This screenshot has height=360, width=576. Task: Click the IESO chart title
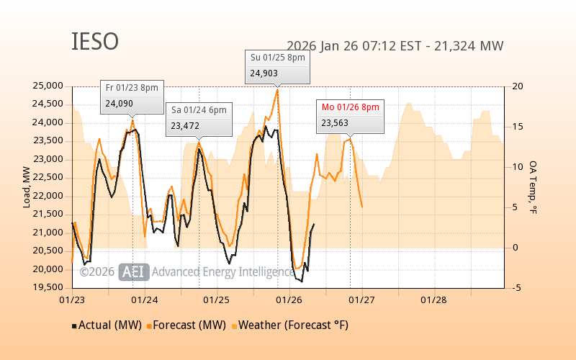pos(94,42)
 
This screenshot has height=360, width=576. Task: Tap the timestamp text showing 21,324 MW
pos(395,46)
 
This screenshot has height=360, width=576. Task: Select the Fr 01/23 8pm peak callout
pos(130,96)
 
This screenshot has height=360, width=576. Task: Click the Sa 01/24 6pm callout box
pos(199,118)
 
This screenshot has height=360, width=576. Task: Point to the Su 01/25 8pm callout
pos(278,66)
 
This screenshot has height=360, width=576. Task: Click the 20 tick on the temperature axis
pos(516,86)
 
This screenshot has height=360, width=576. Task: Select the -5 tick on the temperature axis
pos(516,288)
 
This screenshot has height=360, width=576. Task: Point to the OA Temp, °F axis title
pos(534,187)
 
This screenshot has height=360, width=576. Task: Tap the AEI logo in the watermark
pos(134,271)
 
